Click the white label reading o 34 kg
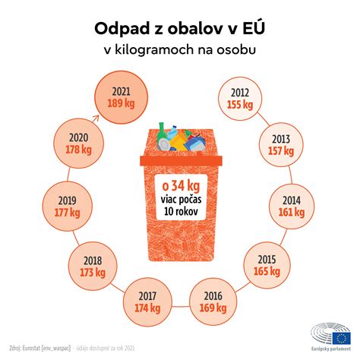click(179, 185)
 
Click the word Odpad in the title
click(120, 30)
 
